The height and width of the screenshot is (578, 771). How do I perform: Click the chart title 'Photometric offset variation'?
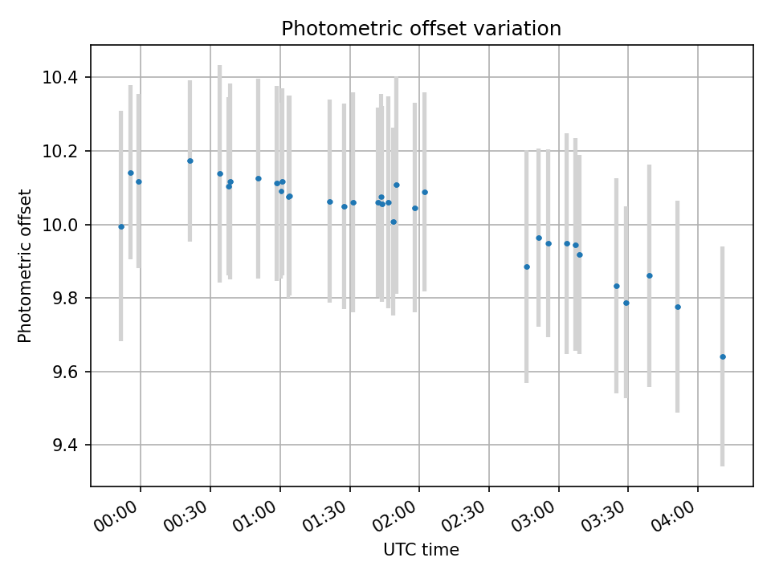click(x=421, y=29)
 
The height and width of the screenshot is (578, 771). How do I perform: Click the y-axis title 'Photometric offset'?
click(x=25, y=266)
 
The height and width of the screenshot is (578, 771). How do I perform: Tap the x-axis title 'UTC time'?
click(x=421, y=550)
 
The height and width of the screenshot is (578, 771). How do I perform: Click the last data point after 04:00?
click(x=723, y=356)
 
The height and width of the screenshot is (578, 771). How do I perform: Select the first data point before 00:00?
click(x=121, y=226)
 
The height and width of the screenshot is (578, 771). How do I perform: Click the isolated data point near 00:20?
click(x=190, y=161)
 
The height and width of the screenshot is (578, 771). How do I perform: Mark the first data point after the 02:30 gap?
click(x=527, y=267)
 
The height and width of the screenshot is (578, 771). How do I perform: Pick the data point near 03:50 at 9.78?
click(x=678, y=307)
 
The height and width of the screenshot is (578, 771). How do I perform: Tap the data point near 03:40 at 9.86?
click(x=650, y=275)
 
